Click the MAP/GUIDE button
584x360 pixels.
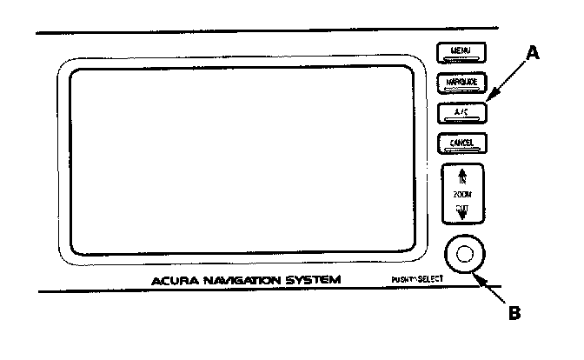[x=461, y=83]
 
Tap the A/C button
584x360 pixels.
[x=461, y=111]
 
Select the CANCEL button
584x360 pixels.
[x=461, y=142]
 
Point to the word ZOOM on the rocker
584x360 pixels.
[x=462, y=196]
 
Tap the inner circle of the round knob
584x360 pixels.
[x=462, y=254]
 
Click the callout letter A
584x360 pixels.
[x=534, y=53]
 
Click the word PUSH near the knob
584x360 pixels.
[x=401, y=280]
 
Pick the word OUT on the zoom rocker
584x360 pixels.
[x=462, y=208]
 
